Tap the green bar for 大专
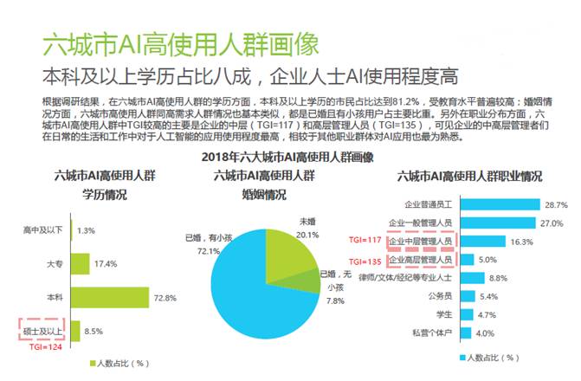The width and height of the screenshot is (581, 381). [x=79, y=262]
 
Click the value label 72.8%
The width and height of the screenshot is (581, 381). [x=165, y=297]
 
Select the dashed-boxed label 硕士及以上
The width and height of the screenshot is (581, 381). [x=40, y=330]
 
